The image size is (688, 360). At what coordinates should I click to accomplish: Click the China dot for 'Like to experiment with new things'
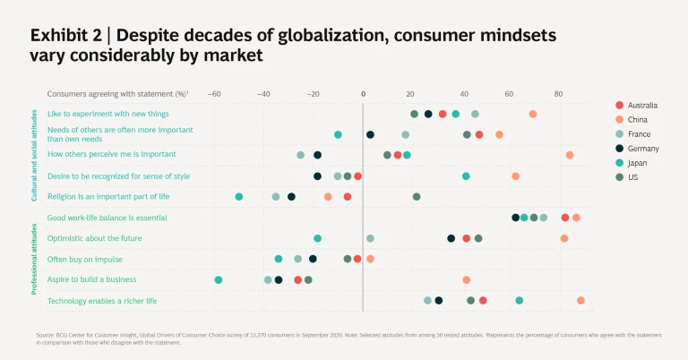[533, 114]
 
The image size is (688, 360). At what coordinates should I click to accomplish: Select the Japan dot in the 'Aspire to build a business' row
[219, 280]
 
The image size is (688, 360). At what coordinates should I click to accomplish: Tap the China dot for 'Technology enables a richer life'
[581, 301]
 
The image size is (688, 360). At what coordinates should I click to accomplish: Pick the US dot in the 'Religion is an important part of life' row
[417, 196]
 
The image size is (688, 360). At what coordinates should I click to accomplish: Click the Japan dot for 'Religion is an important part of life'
[239, 196]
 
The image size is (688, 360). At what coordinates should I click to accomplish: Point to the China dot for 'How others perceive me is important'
[570, 155]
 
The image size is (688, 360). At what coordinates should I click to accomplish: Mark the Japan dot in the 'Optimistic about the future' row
[318, 239]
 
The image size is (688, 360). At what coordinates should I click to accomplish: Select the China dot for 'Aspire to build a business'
[467, 280]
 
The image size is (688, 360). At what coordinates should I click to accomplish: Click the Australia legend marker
[620, 106]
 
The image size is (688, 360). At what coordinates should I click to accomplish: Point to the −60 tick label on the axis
[213, 93]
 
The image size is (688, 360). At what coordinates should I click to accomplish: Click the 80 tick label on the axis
[558, 93]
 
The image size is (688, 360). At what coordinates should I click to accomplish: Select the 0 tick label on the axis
[363, 93]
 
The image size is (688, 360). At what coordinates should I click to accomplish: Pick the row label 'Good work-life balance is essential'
[107, 218]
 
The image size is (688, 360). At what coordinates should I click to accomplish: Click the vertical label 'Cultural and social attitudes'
[34, 155]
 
